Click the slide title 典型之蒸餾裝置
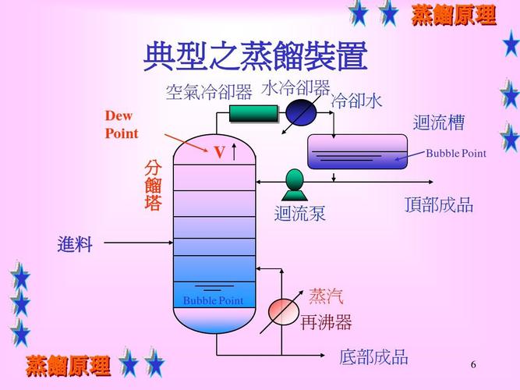pos(255,57)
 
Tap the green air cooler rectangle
pos(254,114)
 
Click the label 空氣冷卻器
pos(209,93)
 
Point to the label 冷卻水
pos(357,101)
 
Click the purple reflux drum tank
pos(357,151)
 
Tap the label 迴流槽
pos(438,123)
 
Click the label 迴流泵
pos(299,214)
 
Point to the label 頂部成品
pos(439,205)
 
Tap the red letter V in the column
pos(220,152)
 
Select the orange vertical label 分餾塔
pos(154,186)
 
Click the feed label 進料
pos(75,244)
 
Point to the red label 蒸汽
pos(326,296)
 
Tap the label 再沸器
pos(326,322)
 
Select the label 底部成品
pos(373,357)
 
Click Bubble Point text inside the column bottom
pos(213,301)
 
